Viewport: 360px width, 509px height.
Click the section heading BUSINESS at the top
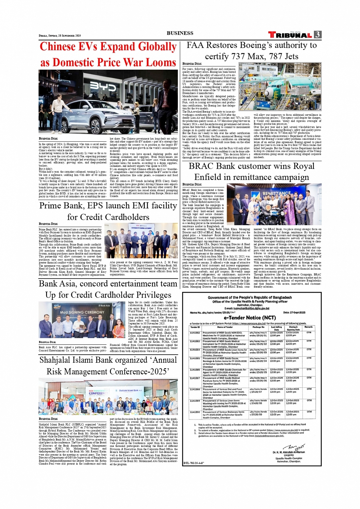coord(180,33)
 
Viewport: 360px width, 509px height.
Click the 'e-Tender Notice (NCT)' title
coord(250,317)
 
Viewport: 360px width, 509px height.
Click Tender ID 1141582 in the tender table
coord(195,333)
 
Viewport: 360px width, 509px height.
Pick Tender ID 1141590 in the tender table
coord(195,412)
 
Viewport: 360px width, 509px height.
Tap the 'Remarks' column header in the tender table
coord(309,327)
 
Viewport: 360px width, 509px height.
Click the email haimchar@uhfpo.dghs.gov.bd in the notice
coord(252,308)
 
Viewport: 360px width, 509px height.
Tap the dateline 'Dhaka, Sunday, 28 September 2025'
coord(60,35)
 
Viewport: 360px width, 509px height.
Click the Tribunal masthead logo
coord(290,35)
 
